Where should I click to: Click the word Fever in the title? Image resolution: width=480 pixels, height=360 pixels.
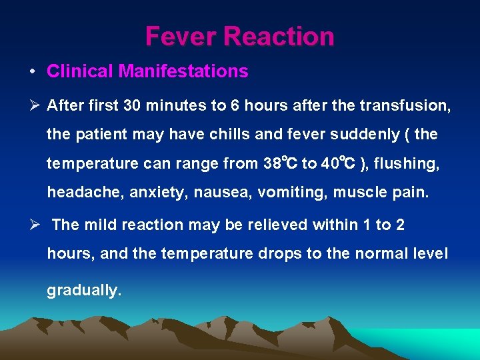coord(176,36)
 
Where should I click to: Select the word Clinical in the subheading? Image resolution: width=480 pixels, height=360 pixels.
coord(80,71)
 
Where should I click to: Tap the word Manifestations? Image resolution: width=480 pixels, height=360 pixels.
coord(183,71)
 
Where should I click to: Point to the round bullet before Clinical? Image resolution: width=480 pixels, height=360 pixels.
coord(32,72)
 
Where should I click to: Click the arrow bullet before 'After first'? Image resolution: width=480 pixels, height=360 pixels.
coord(33,105)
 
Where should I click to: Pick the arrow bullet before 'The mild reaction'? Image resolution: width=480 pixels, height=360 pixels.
coord(33,225)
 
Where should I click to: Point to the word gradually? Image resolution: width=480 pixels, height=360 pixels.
coord(84,291)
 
